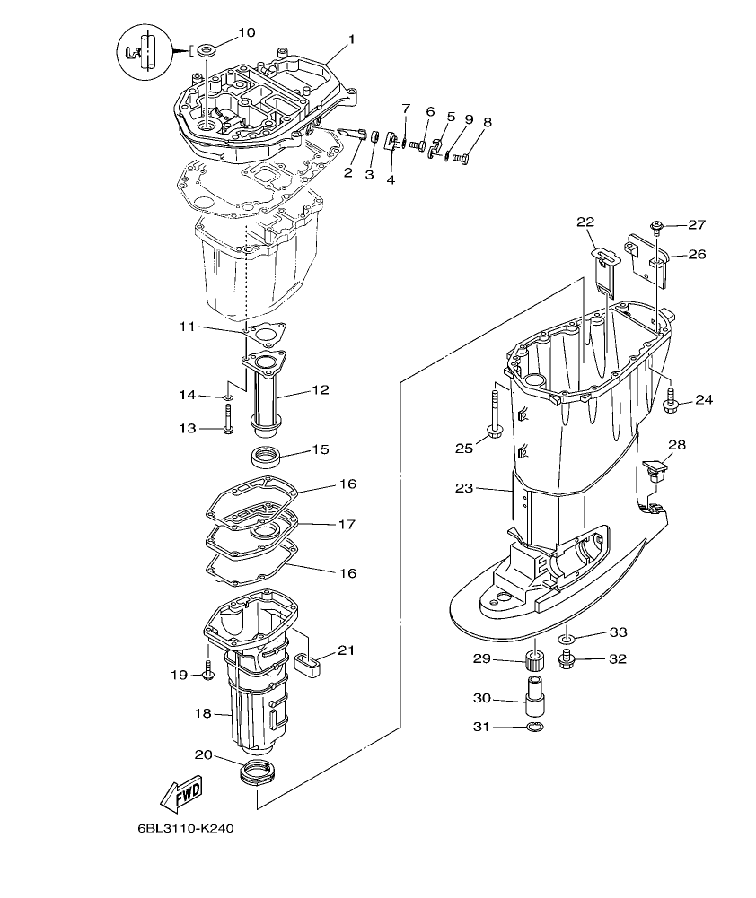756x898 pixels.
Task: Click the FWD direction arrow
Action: point(180,791)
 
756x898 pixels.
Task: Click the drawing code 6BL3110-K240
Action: point(186,829)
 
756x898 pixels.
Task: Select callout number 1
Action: point(352,39)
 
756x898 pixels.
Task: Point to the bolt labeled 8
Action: point(462,159)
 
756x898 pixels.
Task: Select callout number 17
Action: point(347,524)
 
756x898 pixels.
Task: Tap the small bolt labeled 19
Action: point(208,671)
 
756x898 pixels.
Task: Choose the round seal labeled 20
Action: point(256,771)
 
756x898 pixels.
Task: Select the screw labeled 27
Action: point(657,225)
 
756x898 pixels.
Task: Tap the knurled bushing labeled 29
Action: point(537,665)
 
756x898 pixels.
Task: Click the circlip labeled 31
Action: point(534,727)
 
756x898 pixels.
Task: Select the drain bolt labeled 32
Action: point(566,661)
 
